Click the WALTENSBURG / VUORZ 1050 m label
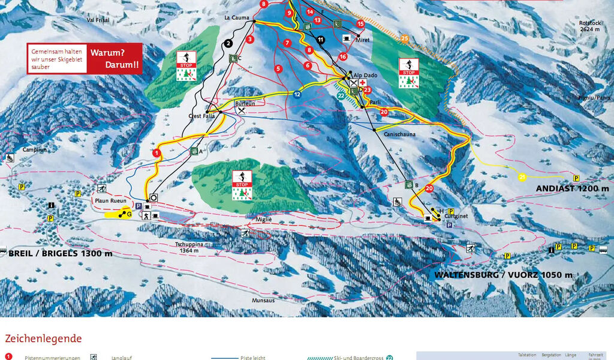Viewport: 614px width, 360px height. click(504, 275)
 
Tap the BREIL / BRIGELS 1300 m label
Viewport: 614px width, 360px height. click(61, 253)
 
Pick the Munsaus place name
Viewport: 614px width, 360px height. click(264, 300)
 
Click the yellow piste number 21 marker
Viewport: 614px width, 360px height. click(522, 176)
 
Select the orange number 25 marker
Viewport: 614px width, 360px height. click(405, 40)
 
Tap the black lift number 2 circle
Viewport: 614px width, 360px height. click(228, 43)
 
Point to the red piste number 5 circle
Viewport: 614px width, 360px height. click(278, 69)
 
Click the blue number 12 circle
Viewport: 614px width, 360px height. click(297, 94)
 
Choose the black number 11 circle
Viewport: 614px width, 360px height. click(321, 40)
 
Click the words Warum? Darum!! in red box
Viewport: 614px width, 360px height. click(115, 58)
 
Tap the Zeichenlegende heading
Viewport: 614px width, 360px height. click(43, 339)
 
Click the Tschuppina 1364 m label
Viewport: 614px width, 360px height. click(192, 247)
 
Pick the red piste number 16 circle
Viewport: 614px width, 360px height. click(343, 56)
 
